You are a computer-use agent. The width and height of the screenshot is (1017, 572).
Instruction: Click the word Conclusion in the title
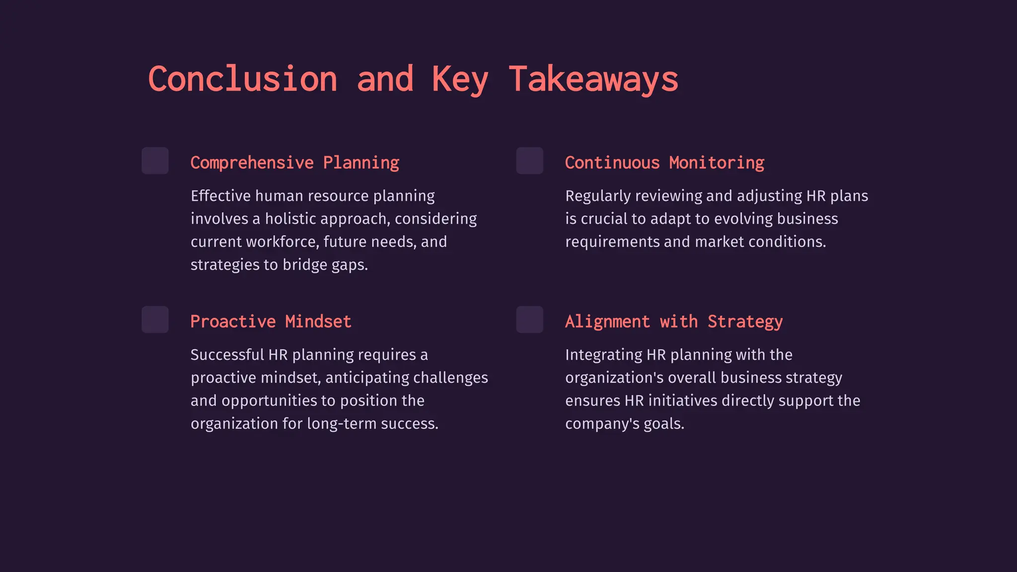point(243,79)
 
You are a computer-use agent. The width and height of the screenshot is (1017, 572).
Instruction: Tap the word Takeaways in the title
point(593,79)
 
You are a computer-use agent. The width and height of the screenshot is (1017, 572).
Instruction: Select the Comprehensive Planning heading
point(294,163)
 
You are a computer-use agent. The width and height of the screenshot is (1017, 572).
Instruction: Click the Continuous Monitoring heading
point(664,163)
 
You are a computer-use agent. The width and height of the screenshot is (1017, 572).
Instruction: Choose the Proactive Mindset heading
point(271,322)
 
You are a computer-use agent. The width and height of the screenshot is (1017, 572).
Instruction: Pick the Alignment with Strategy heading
point(674,322)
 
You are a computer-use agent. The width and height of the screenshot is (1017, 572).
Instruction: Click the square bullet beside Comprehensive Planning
point(155,161)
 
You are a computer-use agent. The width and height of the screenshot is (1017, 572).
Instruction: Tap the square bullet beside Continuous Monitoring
point(529,161)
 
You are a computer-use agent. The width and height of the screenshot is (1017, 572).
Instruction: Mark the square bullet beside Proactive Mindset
point(155,320)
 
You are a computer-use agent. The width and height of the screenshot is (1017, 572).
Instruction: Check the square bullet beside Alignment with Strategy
point(529,320)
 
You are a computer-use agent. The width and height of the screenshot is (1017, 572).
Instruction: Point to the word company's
point(602,424)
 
